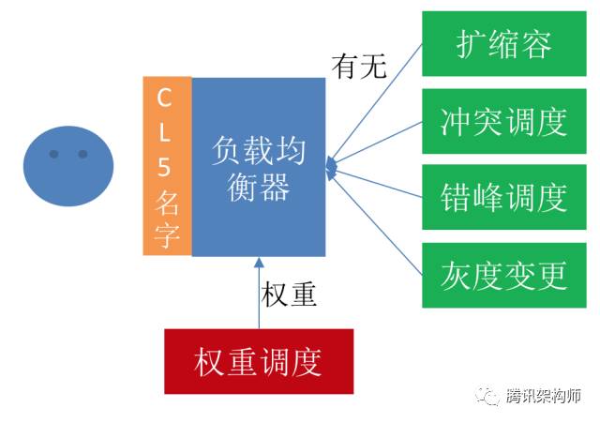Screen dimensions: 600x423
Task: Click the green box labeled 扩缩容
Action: pos(504,44)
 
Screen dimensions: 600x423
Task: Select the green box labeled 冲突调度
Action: pos(504,121)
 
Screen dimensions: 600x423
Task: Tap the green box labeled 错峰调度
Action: pos(504,197)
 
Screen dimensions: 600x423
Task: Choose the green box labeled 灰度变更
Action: pos(504,275)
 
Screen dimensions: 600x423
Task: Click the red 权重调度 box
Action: pos(259,361)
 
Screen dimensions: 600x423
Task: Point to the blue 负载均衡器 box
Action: pos(259,167)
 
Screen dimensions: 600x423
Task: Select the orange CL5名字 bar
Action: pos(167,166)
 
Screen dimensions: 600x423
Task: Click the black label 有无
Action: pos(359,67)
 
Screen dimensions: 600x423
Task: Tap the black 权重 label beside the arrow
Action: pos(289,295)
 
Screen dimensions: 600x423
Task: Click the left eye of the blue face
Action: pos(54,154)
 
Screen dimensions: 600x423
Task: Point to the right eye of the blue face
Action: pos(82,154)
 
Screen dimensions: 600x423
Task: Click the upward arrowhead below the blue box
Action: pos(259,263)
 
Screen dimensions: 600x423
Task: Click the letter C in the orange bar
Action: pos(164,98)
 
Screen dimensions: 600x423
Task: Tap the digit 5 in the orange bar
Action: pos(164,167)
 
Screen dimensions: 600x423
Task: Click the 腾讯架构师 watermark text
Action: pos(544,396)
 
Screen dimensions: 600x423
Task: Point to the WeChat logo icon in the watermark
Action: pos(487,396)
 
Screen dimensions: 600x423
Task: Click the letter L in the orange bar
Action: pos(164,132)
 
